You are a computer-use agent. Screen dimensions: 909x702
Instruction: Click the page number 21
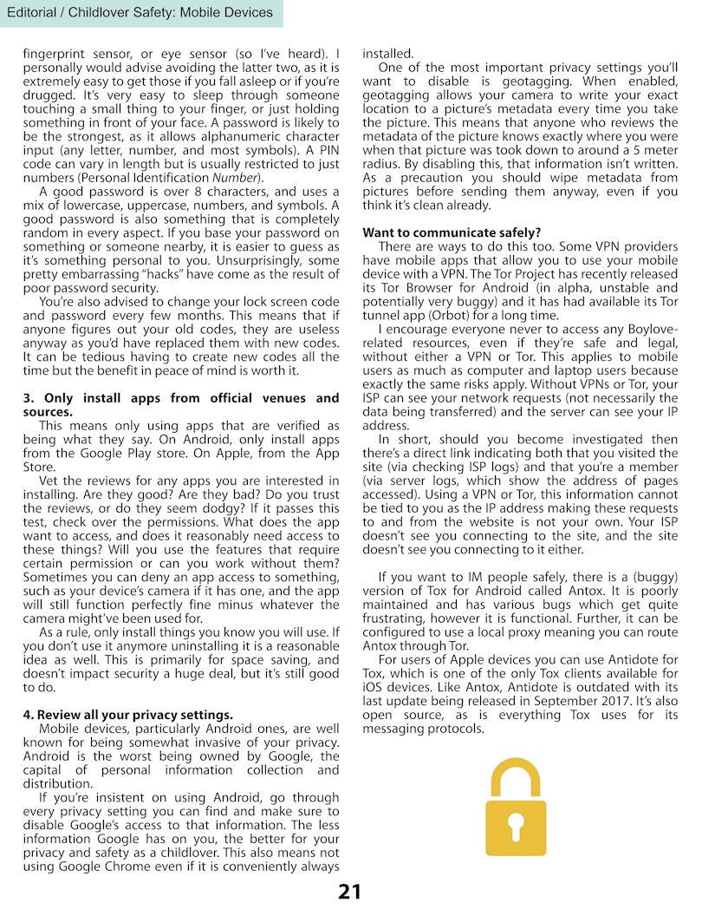pos(350,892)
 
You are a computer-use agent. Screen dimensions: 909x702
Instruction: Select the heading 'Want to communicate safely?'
pos(452,232)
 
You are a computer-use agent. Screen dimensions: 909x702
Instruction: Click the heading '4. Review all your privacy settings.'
pos(127,714)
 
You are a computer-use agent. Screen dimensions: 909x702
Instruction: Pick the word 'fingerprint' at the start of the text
pos(55,53)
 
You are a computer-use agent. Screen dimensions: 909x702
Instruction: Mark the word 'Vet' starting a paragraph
pos(50,481)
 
